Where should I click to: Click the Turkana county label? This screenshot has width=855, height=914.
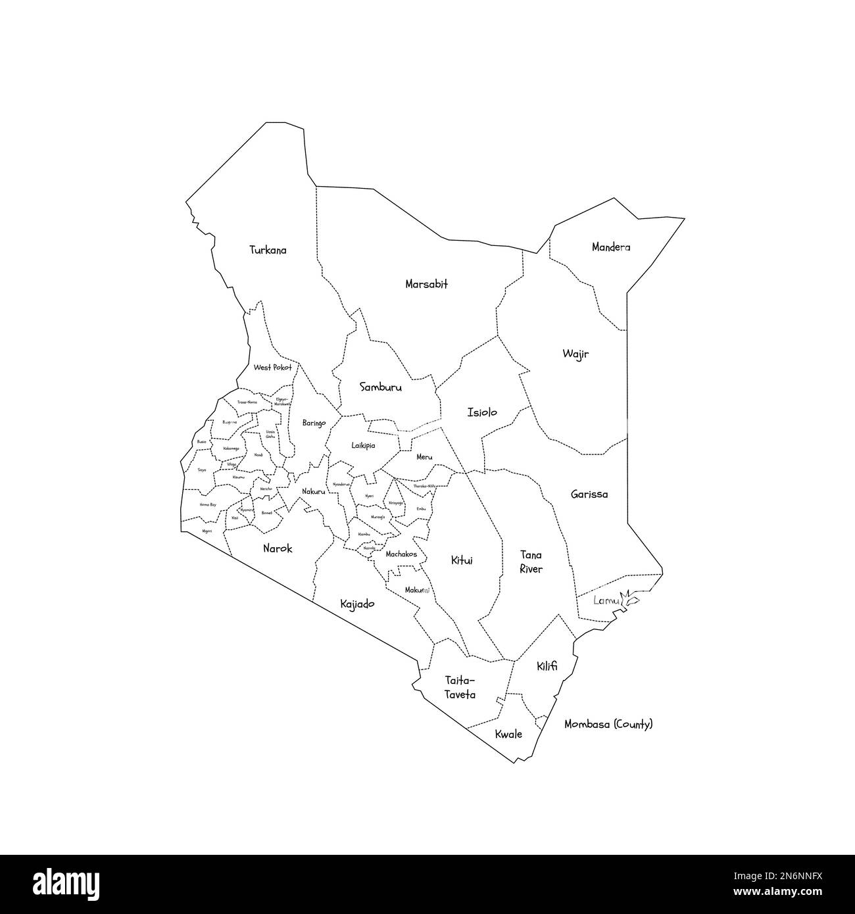coord(268,251)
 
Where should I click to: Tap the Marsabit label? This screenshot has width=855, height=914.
coord(426,285)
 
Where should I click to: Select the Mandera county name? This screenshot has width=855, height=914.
coord(610,248)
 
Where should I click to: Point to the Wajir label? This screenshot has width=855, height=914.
coord(575,354)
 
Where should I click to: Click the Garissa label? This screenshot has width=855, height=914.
coord(589,494)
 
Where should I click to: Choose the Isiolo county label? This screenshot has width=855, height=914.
coord(482,413)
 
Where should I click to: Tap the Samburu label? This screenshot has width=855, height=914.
coord(380,388)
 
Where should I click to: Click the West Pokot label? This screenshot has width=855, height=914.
coord(272,368)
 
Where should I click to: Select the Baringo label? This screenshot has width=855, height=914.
coord(314,423)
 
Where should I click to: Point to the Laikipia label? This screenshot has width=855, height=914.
coord(363,445)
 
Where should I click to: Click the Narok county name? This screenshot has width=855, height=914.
coord(278,548)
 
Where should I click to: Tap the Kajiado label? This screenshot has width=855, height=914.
coord(357,604)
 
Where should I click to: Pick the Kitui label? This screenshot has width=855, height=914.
coord(461,561)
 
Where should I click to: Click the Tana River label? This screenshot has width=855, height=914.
coord(531,562)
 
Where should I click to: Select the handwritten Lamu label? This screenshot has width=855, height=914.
coord(606,600)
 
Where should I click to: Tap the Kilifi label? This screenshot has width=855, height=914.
coord(547,666)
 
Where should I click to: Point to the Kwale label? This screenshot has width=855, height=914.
coord(509,734)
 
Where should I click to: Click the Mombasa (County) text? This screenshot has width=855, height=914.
coord(608,725)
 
